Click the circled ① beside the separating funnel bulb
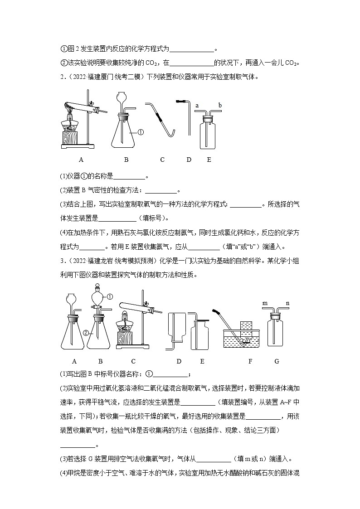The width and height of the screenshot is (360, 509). (109, 296)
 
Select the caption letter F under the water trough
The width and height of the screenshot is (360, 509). (250, 361)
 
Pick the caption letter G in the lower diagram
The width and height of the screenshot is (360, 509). (277, 361)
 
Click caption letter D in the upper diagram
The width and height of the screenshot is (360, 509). (189, 160)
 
